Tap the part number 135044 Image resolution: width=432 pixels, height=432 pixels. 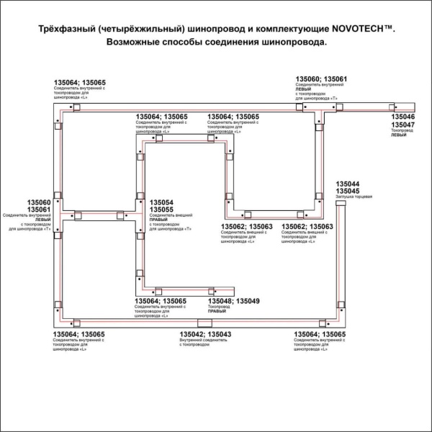click(348, 184)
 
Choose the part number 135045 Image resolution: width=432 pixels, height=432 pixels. click(348, 191)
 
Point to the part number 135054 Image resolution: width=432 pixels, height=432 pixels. click(161, 202)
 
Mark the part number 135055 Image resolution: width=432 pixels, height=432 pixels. click(161, 210)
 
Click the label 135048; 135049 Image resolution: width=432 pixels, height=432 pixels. click(233, 301)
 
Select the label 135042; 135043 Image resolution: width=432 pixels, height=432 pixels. click(205, 335)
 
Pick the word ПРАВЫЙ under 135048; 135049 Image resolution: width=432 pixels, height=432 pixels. click(217, 312)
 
